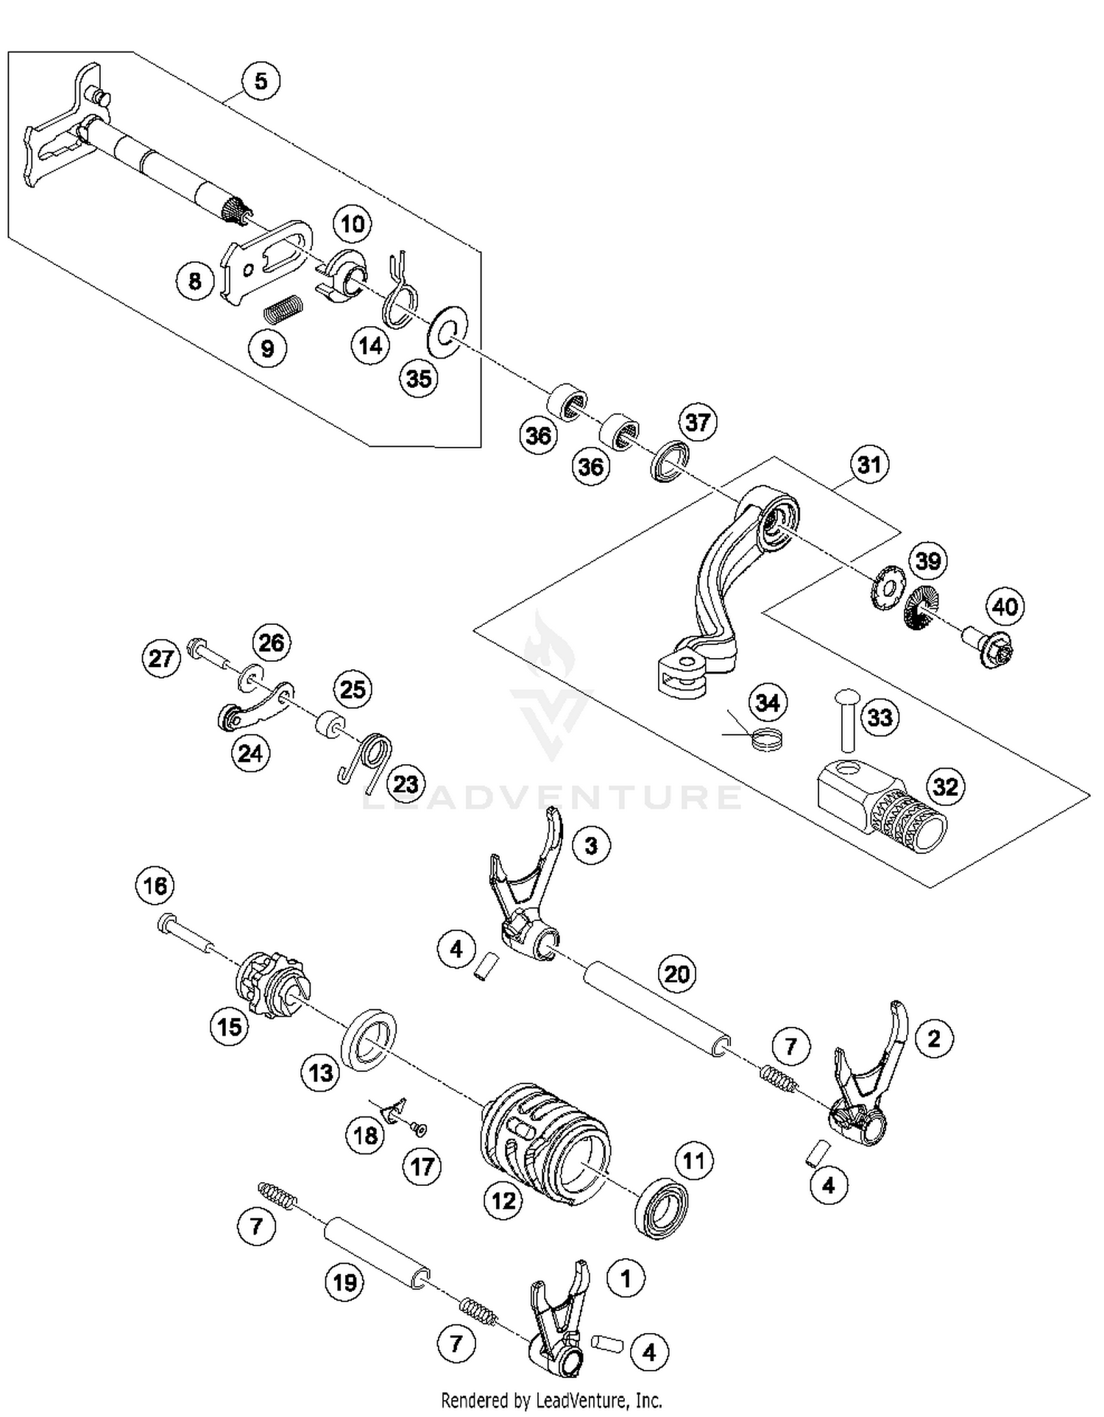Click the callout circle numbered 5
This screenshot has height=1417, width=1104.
coord(261,80)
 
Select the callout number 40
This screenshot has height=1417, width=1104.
coord(1005,606)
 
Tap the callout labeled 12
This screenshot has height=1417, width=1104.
coord(503,1201)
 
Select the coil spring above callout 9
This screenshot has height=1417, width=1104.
coord(283,308)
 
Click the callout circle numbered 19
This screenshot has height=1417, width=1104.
coord(344,1283)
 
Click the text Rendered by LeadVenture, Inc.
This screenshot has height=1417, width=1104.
coord(551,1399)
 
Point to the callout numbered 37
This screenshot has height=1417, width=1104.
coord(697,422)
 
